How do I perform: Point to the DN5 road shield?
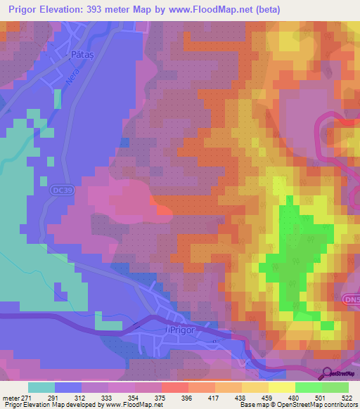pos(352,300)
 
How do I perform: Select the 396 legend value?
pos(188,398)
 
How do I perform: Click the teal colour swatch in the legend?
pos(41,387)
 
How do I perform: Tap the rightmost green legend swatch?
pos(335,387)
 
